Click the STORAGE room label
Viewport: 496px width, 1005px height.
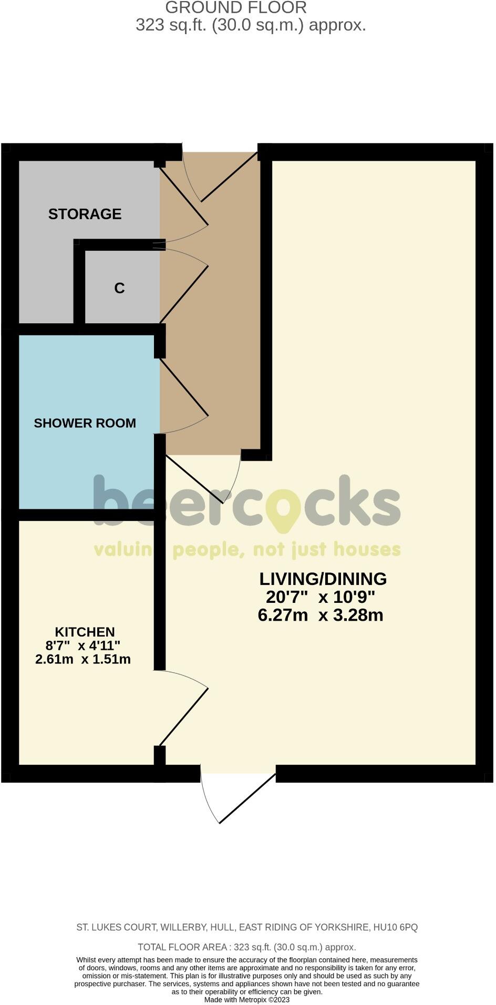tap(85, 214)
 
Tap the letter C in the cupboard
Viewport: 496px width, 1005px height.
tap(119, 288)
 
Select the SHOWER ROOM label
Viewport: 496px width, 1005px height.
tap(85, 423)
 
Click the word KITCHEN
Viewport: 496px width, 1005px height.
tap(85, 632)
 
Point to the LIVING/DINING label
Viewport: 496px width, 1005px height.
tap(323, 579)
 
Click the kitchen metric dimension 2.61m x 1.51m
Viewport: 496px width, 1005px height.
tap(83, 659)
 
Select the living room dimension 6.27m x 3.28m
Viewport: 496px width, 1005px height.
tap(321, 615)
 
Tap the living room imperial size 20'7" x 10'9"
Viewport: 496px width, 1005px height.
tap(321, 597)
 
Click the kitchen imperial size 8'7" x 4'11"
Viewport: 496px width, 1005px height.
tap(83, 645)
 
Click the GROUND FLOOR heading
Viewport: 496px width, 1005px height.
tap(236, 8)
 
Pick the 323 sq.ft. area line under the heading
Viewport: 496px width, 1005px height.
tap(251, 25)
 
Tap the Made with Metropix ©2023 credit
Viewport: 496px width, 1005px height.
tap(247, 999)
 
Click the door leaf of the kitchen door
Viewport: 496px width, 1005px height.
tap(184, 716)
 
